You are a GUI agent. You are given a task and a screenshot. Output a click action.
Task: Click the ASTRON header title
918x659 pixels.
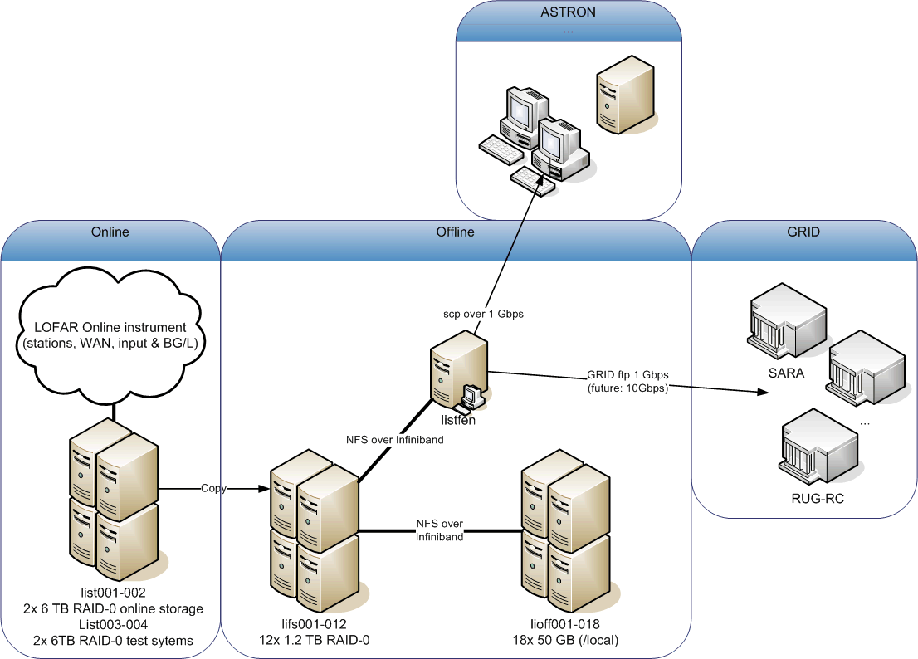[568, 12]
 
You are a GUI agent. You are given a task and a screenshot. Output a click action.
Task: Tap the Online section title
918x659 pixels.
[110, 232]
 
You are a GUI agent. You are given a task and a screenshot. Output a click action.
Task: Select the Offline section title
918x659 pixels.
[455, 232]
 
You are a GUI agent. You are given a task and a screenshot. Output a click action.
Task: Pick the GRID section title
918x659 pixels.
[803, 232]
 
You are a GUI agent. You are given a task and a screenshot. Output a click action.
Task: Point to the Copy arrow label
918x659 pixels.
[213, 488]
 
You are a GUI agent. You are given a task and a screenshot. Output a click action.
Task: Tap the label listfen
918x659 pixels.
[458, 420]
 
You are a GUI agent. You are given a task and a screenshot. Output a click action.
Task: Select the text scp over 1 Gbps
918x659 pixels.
[483, 314]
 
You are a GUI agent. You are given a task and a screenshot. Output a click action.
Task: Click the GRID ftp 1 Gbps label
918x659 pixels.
[627, 374]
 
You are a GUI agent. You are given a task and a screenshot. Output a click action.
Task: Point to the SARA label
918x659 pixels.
[786, 373]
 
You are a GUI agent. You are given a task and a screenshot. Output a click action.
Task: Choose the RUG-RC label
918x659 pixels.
[818, 499]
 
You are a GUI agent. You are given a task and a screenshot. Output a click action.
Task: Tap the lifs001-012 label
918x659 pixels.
[314, 624]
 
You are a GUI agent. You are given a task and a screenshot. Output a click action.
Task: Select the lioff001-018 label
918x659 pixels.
[565, 624]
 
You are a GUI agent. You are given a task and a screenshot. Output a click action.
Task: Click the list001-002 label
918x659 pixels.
[113, 593]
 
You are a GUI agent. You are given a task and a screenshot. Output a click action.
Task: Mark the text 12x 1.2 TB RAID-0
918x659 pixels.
[314, 640]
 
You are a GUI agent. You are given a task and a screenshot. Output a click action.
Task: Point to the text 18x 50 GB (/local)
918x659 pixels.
[565, 640]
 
